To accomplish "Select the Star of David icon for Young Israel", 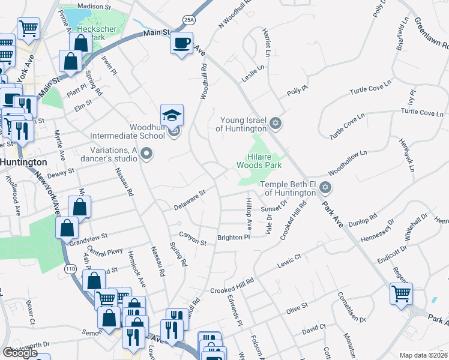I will pos(276,124).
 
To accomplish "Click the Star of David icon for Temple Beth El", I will pos(325,188).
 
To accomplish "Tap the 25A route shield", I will pos(189,20).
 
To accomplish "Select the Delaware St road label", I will pos(190,200).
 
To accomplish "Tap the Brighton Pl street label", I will pos(234,238).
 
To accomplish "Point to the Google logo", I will pos(20,353).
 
